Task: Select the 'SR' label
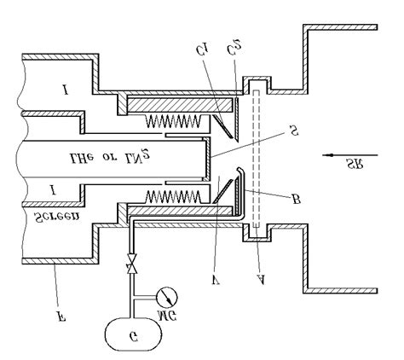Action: tap(351, 166)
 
